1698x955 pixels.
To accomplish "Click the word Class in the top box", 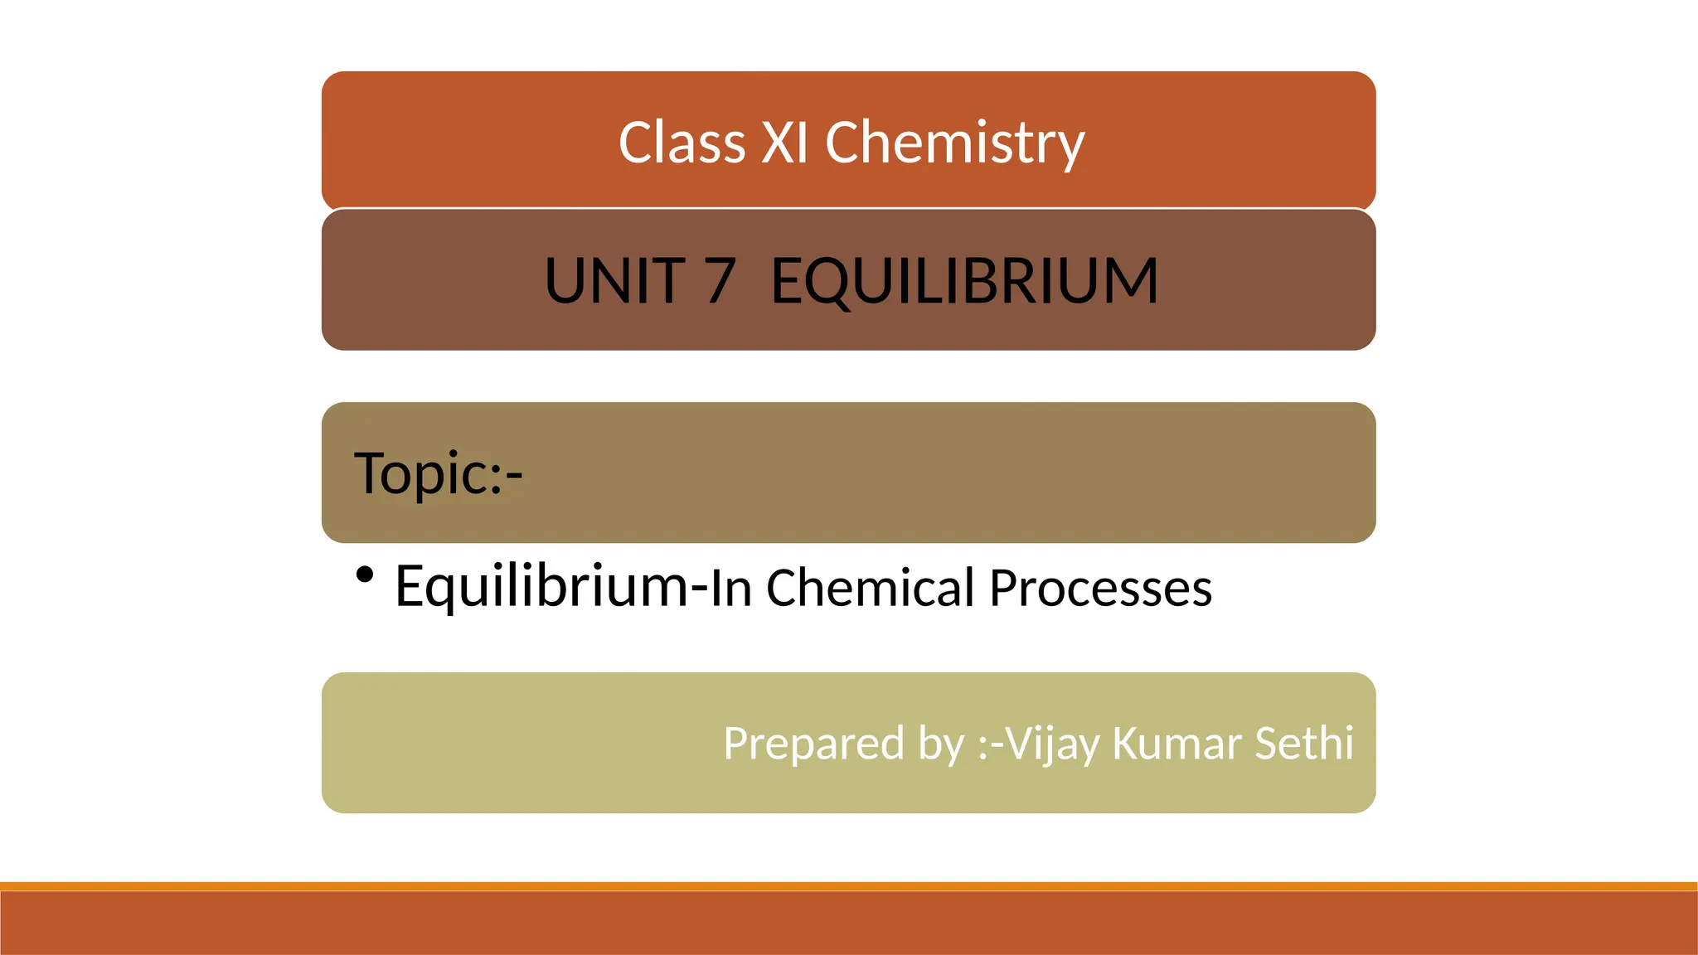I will click(682, 143).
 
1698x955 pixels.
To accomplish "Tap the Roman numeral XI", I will click(784, 143).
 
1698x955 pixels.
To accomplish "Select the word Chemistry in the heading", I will click(954, 143).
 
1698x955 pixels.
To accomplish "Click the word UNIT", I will click(614, 281).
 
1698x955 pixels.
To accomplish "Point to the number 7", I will click(720, 281).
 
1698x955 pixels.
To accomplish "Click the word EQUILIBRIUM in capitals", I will click(964, 281).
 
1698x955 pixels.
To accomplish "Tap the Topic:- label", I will click(438, 473).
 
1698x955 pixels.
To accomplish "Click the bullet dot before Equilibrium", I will click(364, 574).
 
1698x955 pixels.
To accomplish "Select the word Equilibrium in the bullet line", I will click(541, 586).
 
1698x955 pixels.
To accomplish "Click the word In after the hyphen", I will click(731, 589).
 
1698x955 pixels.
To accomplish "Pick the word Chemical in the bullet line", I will click(870, 588).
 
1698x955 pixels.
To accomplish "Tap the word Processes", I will click(1100, 588).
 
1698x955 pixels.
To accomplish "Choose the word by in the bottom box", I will click(941, 744).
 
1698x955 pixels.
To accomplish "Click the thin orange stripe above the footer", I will click(849, 886).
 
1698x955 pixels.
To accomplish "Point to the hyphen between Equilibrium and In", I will click(700, 590).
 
